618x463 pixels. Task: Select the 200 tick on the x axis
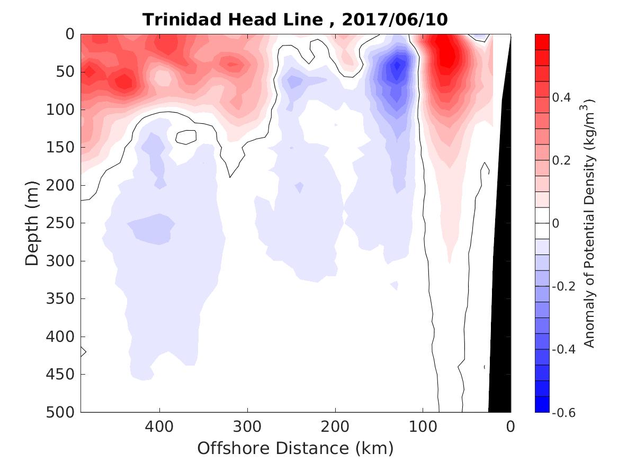coord(335,425)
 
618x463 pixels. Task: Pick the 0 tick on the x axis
coord(510,425)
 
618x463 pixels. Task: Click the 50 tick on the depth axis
coord(67,72)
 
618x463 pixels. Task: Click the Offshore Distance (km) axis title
coord(295,449)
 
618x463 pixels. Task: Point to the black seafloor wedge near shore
coord(500,317)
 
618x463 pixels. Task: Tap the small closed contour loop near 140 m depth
coord(186,137)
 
